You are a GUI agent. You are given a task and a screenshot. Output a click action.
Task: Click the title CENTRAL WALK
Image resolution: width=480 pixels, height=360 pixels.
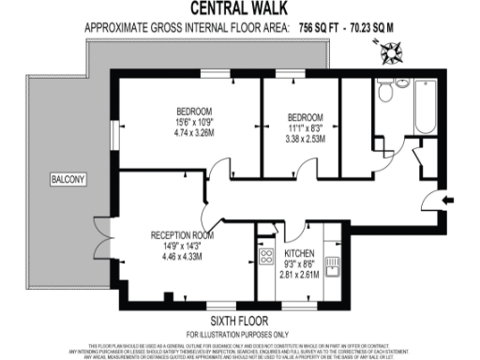(240, 9)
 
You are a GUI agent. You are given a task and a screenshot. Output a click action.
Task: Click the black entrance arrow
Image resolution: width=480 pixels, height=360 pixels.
(448, 199)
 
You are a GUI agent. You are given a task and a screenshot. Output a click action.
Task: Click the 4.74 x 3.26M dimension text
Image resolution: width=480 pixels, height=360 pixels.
(193, 132)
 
